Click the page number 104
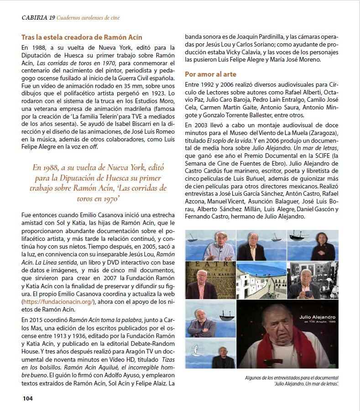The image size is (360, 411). pyautogui.click(x=28, y=398)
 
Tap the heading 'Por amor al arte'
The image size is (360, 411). pyautogui.click(x=210, y=74)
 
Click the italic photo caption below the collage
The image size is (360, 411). pyautogui.click(x=293, y=380)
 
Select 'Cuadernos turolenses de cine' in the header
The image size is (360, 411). pyautogui.click(x=92, y=18)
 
